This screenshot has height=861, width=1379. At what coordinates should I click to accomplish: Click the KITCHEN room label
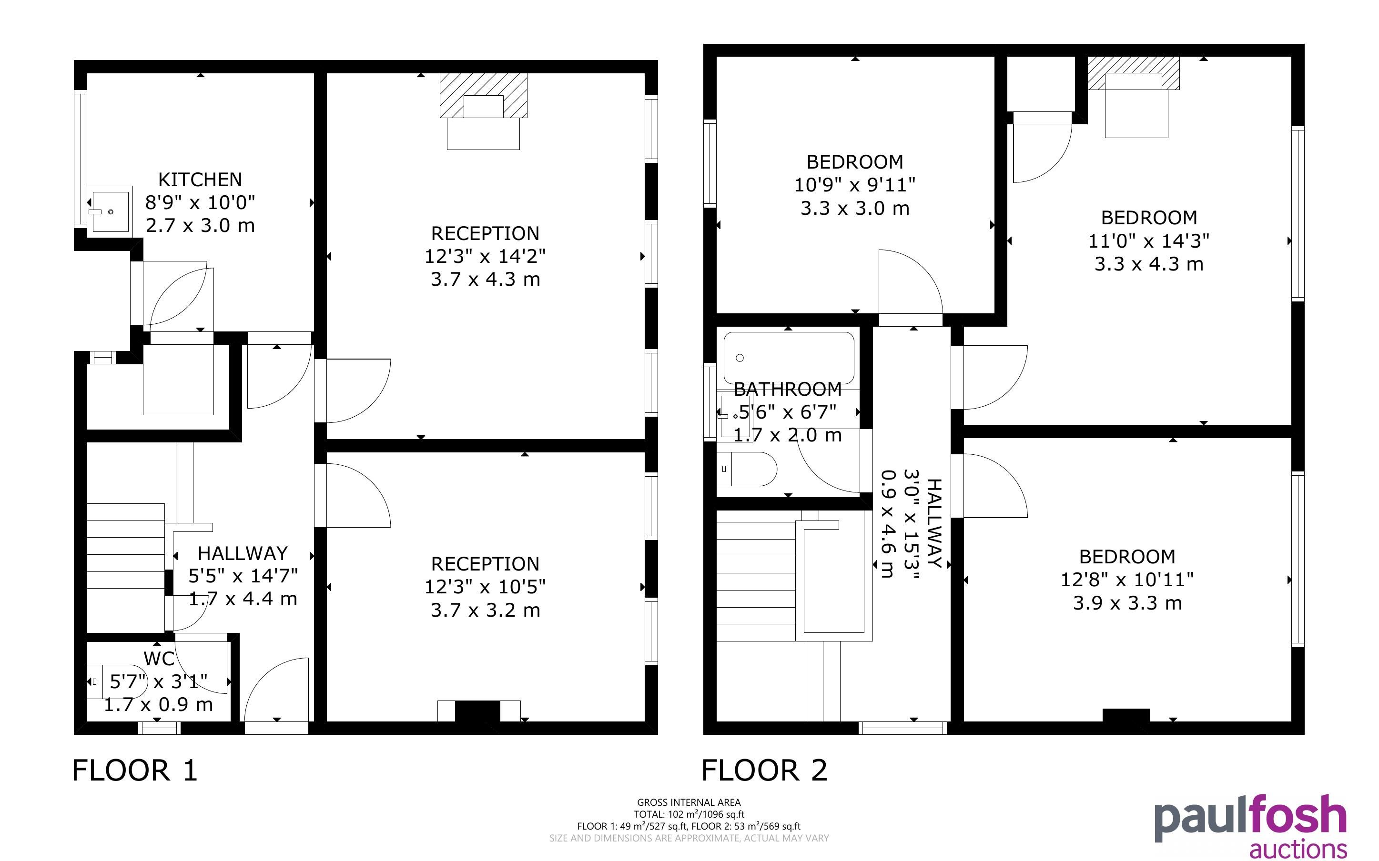coord(200,180)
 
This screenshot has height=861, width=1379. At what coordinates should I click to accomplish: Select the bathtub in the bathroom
coord(789,358)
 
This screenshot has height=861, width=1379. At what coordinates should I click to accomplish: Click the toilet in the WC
coord(117,681)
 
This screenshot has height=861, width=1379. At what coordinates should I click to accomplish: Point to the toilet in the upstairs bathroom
coord(746,469)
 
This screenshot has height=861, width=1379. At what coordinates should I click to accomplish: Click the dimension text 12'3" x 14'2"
coord(485,256)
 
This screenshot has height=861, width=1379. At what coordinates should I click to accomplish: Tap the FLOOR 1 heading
coord(135,771)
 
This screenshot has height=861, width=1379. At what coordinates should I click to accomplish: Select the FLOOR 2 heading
coord(764,771)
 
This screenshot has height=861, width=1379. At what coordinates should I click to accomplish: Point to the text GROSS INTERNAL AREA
coord(689,802)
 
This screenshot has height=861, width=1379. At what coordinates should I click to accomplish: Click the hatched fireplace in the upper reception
coord(484,96)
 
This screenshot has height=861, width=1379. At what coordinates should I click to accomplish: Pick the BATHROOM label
coord(788,390)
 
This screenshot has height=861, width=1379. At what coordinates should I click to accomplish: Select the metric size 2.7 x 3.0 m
coord(200,226)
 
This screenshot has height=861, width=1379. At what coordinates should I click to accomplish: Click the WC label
coord(159,659)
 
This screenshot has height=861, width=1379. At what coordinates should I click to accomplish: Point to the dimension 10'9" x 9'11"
coord(855,185)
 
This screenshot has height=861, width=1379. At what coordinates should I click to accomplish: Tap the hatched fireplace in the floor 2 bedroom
coord(1134,73)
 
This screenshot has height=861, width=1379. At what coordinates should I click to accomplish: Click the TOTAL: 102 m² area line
coord(689,814)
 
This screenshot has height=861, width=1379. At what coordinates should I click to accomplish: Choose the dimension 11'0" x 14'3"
coord(1149,241)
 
